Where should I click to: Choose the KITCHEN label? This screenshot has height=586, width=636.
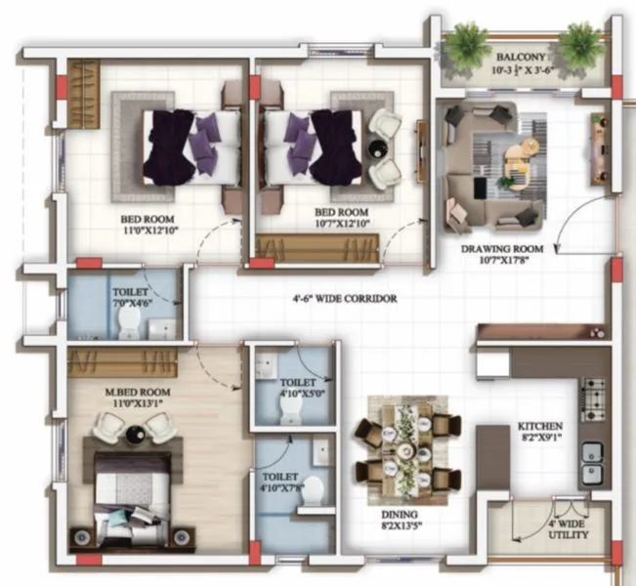coord(540,427)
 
